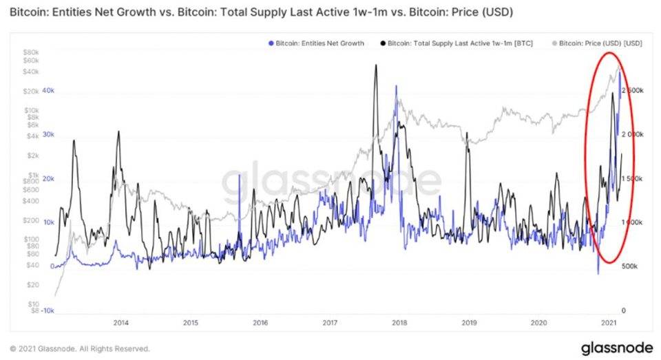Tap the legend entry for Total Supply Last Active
[x=454, y=43]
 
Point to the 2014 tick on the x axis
[x=120, y=322]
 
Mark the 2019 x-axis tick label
[x=469, y=322]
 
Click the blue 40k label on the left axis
[x=48, y=91]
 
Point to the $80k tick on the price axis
[x=32, y=52]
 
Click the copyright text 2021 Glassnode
[x=79, y=348]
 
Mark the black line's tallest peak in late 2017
[x=376, y=65]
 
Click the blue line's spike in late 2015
[x=239, y=175]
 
